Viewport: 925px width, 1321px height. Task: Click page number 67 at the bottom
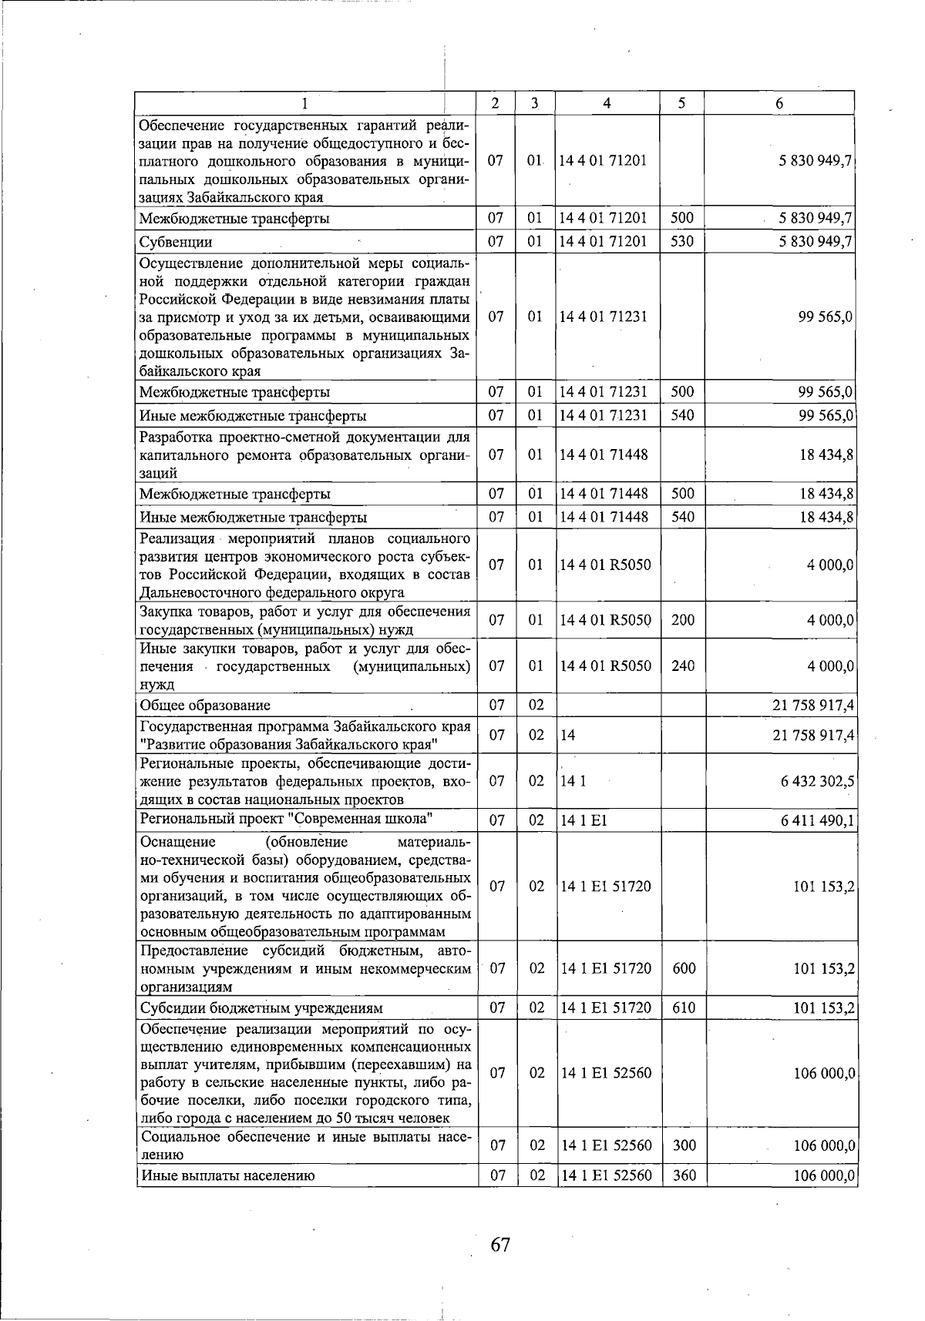[500, 1244]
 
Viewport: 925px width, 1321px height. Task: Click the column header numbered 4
[607, 103]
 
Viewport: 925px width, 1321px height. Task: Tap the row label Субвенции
[176, 242]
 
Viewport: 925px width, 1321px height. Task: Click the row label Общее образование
[205, 705]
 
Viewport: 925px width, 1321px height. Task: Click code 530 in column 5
[682, 242]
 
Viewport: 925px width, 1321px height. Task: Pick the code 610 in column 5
[684, 1008]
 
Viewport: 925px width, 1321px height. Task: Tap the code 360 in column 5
[684, 1175]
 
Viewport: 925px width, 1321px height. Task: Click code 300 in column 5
[684, 1145]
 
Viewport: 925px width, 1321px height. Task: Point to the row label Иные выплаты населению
[227, 1175]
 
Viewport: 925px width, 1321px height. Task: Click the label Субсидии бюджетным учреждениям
[261, 1008]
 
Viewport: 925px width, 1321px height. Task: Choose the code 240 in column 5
[682, 666]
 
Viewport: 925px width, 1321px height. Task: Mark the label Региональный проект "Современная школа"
[285, 818]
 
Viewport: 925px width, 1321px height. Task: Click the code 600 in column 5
[684, 968]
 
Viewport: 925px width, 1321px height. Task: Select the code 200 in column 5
[682, 619]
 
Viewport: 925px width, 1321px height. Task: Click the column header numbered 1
[306, 103]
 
